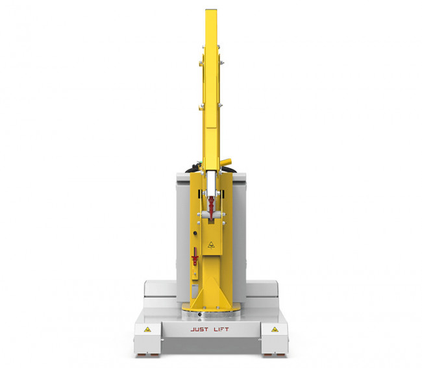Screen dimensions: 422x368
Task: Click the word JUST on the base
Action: (x=199, y=329)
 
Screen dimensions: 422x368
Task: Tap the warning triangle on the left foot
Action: (x=147, y=329)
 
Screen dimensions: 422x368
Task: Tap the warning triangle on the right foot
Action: (x=275, y=329)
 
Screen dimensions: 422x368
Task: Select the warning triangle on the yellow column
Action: (x=211, y=245)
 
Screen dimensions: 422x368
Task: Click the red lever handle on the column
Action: (x=195, y=256)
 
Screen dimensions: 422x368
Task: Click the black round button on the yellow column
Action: (x=195, y=233)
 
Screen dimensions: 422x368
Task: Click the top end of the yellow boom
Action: (x=211, y=10)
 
